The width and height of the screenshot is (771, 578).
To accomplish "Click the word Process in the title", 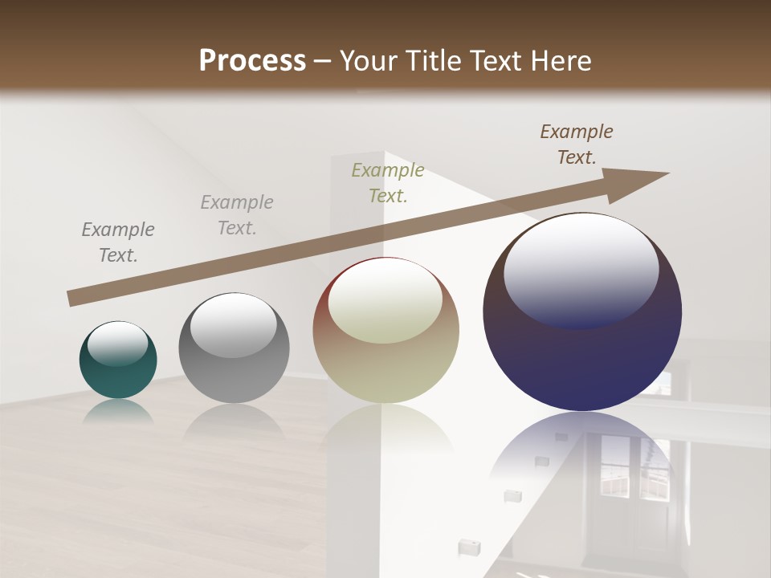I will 252,61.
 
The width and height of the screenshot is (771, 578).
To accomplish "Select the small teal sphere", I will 118,360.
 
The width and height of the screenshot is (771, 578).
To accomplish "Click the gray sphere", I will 234,348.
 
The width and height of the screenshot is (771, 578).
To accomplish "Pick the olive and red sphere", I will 385,330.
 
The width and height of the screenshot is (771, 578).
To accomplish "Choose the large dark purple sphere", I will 582,312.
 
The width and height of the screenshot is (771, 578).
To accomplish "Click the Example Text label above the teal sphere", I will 118,242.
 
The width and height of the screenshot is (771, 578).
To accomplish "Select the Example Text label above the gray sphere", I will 237,215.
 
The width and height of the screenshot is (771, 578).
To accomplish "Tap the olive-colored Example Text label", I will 388,183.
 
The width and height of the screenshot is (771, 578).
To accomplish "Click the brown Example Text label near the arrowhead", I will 577,144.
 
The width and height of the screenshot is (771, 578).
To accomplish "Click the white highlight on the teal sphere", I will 117,343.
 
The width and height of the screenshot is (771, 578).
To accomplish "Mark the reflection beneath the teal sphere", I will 118,411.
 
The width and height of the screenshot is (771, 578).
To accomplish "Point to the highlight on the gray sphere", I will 233,325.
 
